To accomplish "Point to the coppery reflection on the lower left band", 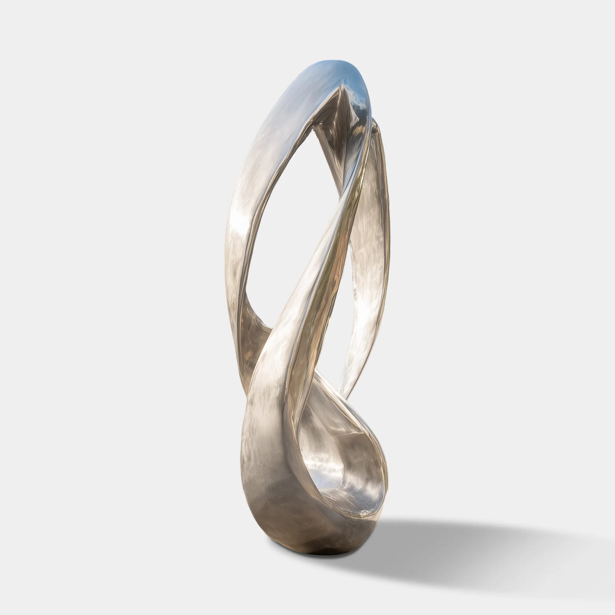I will [x=252, y=350].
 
